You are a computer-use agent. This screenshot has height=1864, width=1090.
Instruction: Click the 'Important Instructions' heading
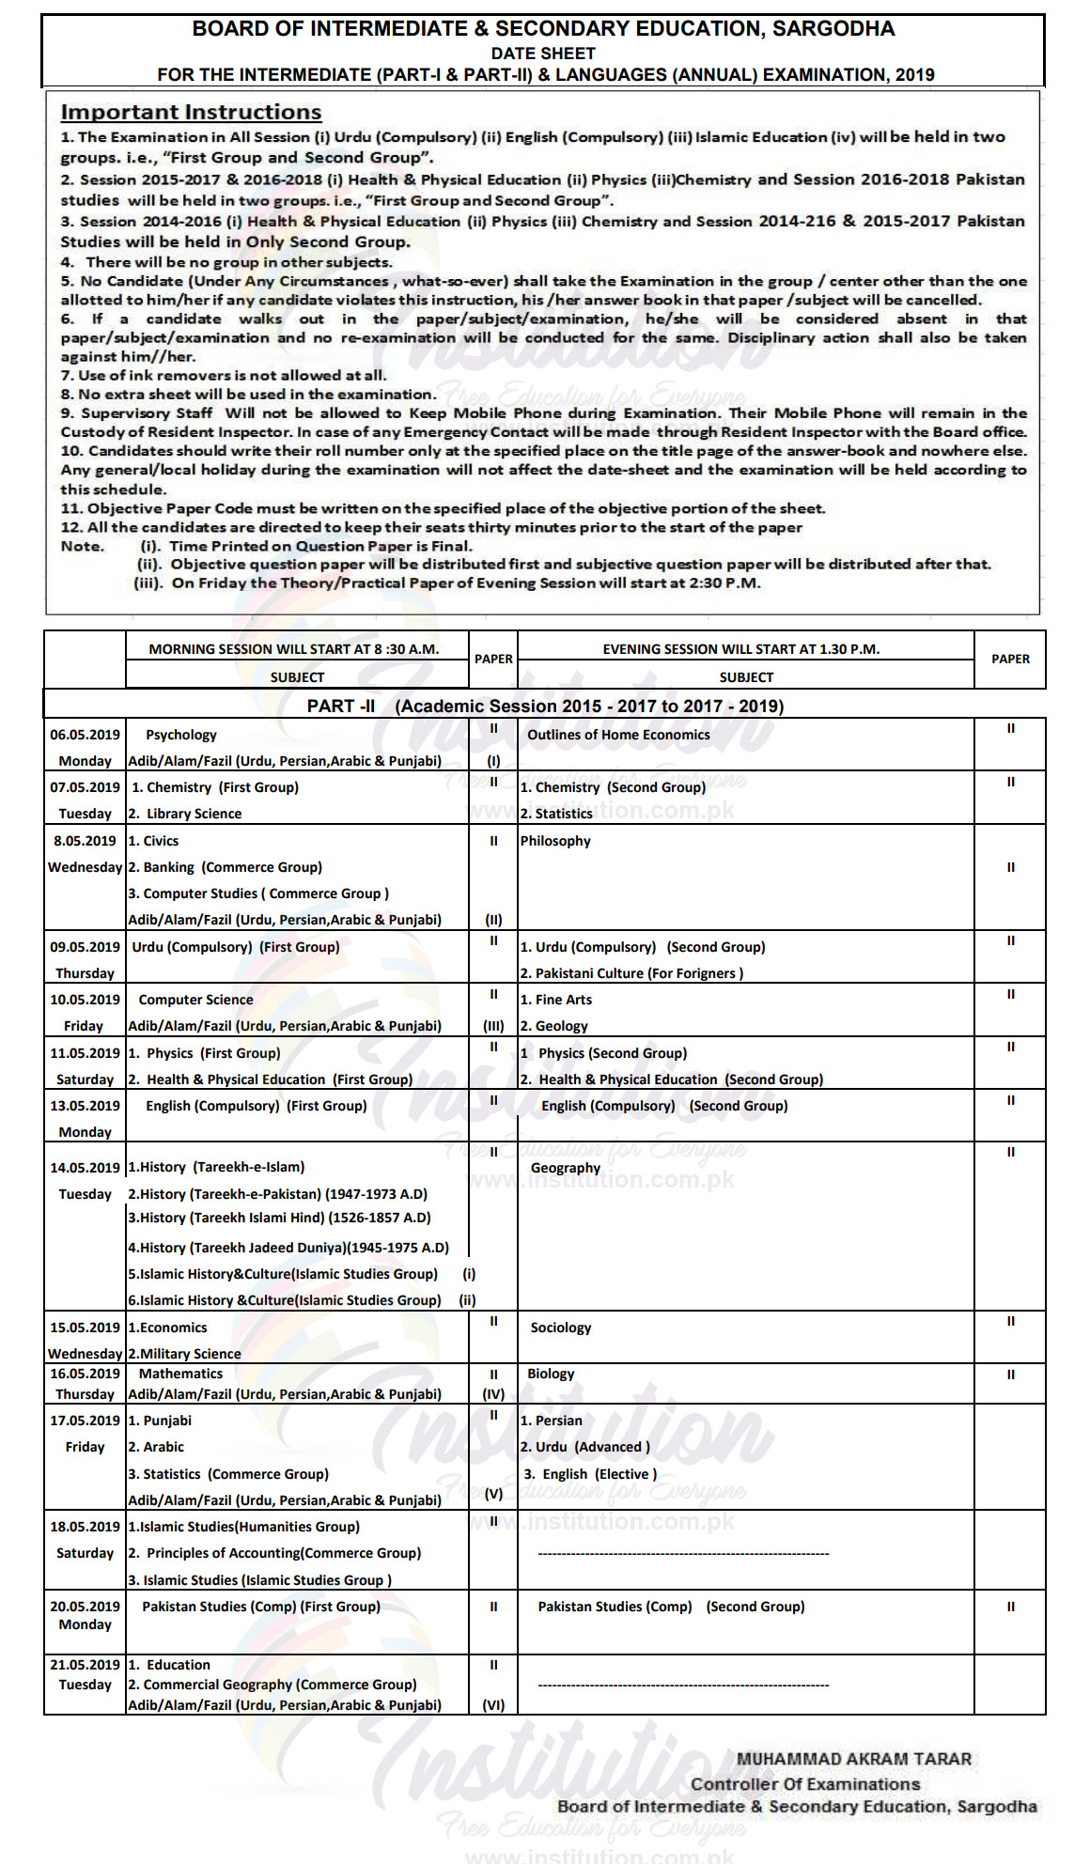(191, 112)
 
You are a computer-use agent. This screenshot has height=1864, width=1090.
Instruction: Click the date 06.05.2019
(85, 735)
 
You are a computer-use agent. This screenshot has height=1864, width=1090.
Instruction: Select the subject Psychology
(181, 735)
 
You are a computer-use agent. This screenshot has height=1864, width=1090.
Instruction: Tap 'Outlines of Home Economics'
(618, 735)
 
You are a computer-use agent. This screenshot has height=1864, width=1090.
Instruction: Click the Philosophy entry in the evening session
(555, 841)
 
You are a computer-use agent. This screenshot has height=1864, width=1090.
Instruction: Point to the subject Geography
(565, 1168)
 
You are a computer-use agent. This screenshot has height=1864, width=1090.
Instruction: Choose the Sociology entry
(561, 1328)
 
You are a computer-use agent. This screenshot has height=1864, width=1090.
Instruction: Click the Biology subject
(551, 1374)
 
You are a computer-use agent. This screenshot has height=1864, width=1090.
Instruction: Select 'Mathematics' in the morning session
(180, 1374)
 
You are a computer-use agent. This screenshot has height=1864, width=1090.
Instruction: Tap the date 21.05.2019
(85, 1665)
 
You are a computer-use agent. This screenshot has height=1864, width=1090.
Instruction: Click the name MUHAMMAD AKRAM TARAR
(853, 1759)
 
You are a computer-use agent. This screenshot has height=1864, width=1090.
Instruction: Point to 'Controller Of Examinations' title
(805, 1783)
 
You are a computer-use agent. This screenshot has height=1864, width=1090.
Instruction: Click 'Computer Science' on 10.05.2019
(195, 1000)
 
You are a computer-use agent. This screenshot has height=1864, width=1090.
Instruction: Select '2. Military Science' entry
(185, 1354)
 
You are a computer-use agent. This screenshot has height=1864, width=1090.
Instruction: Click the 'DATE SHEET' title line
(543, 54)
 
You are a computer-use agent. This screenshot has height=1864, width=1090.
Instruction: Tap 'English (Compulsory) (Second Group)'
(664, 1106)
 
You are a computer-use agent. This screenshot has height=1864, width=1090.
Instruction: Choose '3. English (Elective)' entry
(590, 1474)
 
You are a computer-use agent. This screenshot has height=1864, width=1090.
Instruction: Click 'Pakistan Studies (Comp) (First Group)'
(261, 1607)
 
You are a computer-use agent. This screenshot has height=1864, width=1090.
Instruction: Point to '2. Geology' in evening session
(554, 1026)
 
